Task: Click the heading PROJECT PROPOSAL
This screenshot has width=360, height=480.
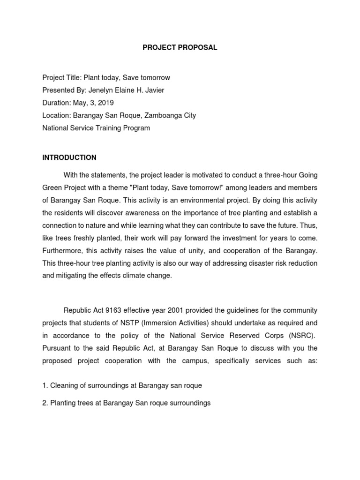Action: (x=180, y=48)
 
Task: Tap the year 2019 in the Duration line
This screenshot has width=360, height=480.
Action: (x=106, y=103)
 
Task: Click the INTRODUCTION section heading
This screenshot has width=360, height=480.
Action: (x=69, y=157)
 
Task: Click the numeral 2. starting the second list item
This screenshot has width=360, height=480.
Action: (x=45, y=403)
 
